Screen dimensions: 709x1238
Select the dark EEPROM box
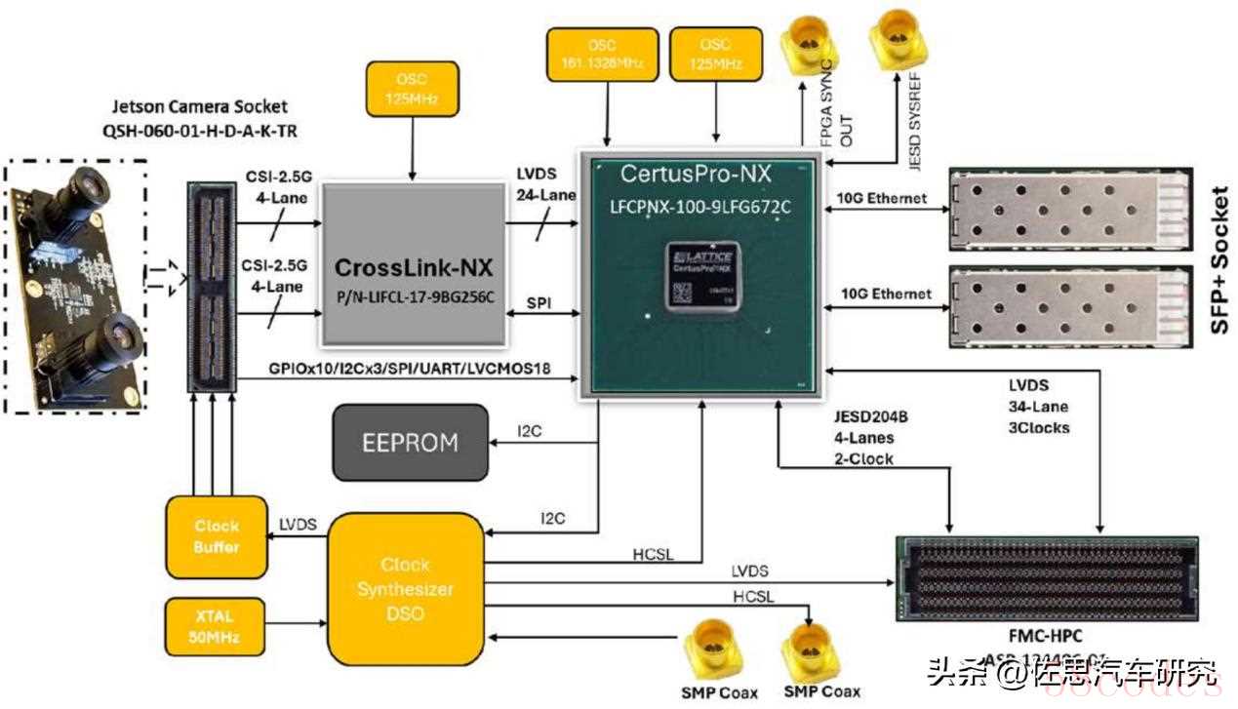pos(410,442)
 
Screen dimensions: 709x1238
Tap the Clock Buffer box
pos(217,535)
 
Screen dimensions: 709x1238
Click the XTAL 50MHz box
pos(215,626)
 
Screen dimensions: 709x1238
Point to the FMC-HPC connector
pos(1048,577)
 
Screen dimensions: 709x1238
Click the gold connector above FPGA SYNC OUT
pos(809,43)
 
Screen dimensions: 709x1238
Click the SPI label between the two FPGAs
pos(539,304)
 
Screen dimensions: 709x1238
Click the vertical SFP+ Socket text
pos(1218,258)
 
